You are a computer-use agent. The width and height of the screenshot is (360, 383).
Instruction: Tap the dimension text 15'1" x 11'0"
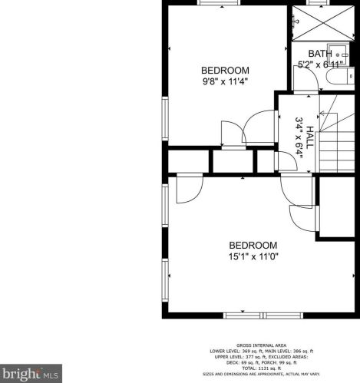(x=253, y=256)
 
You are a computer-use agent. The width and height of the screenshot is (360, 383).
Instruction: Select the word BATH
(x=320, y=54)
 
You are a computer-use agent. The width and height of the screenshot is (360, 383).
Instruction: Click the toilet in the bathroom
(x=346, y=75)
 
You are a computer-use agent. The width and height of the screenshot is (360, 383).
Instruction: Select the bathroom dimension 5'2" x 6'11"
(x=320, y=65)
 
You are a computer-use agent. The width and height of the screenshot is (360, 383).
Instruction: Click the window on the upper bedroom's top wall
(x=214, y=3)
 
